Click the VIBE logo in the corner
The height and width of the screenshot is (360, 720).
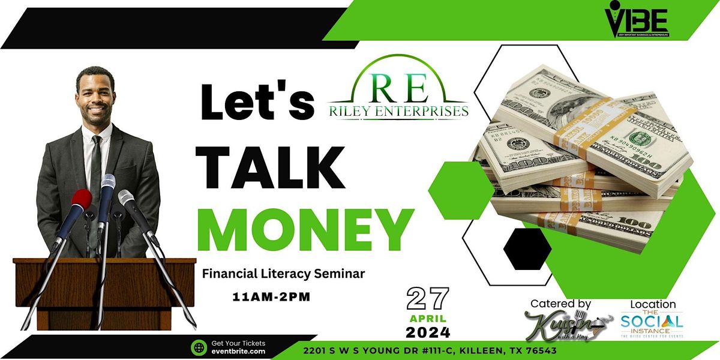click(x=637, y=22)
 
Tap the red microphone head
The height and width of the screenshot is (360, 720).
click(x=81, y=200)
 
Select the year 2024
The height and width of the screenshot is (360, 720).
click(x=428, y=332)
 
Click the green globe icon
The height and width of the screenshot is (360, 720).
click(x=199, y=347)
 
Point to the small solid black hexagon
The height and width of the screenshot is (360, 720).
click(x=527, y=248)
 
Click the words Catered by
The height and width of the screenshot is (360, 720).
click(x=560, y=304)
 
